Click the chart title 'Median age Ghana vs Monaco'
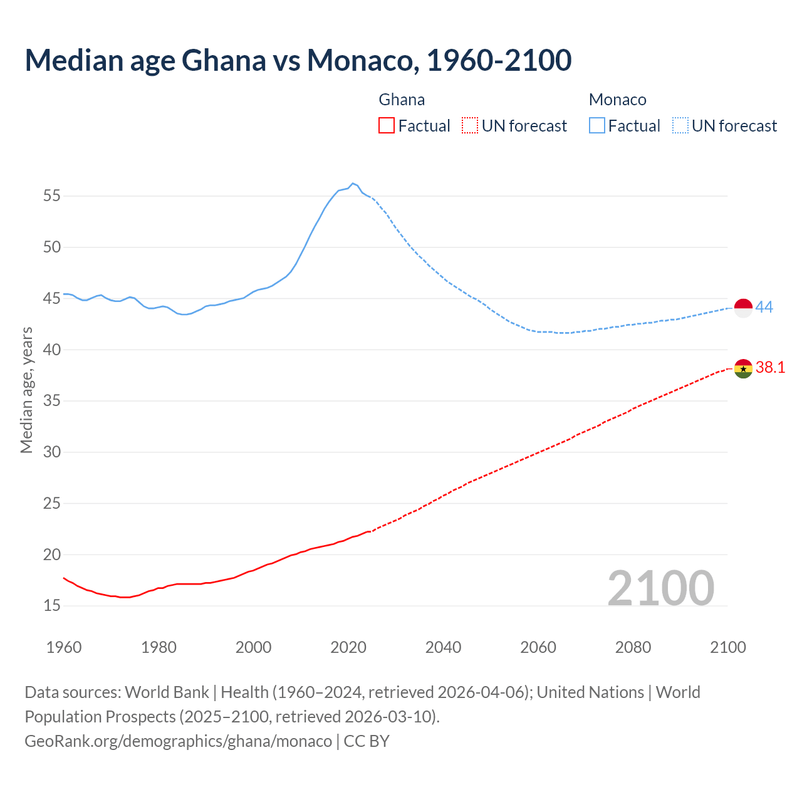[x=298, y=60]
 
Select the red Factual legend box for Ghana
[x=387, y=126]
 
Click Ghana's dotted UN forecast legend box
[x=470, y=126]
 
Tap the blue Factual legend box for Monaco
[x=596, y=126]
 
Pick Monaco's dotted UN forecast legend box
[x=680, y=126]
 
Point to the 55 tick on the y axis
[x=52, y=196]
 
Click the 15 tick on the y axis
[x=52, y=606]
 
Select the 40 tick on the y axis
[x=52, y=350]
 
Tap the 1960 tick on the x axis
[x=64, y=647]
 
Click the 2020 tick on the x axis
[x=348, y=647]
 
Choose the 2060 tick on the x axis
[x=538, y=647]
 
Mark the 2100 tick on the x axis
[x=728, y=647]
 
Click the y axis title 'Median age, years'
[x=26, y=390]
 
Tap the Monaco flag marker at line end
[x=743, y=308]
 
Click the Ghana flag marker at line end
[x=743, y=368]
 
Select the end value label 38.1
[x=770, y=368]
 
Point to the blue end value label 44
[x=764, y=307]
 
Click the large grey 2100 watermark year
[x=660, y=588]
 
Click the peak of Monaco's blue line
[x=353, y=183]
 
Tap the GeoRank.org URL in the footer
[x=178, y=741]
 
